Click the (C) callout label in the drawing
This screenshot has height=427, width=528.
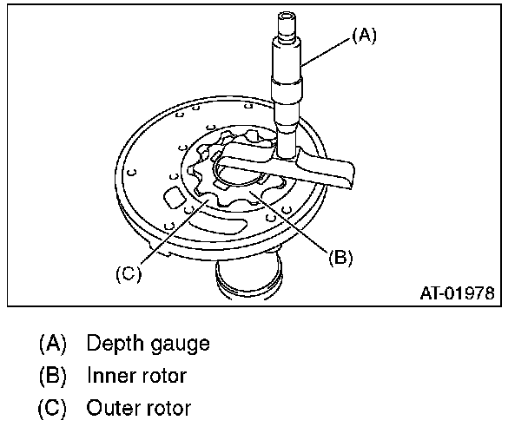point(128,274)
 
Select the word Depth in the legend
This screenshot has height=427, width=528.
point(110,344)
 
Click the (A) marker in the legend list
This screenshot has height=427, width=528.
point(54,344)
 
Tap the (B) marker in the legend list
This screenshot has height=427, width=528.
point(54,376)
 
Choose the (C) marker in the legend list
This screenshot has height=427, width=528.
point(54,408)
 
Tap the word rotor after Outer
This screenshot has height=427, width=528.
point(168,408)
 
